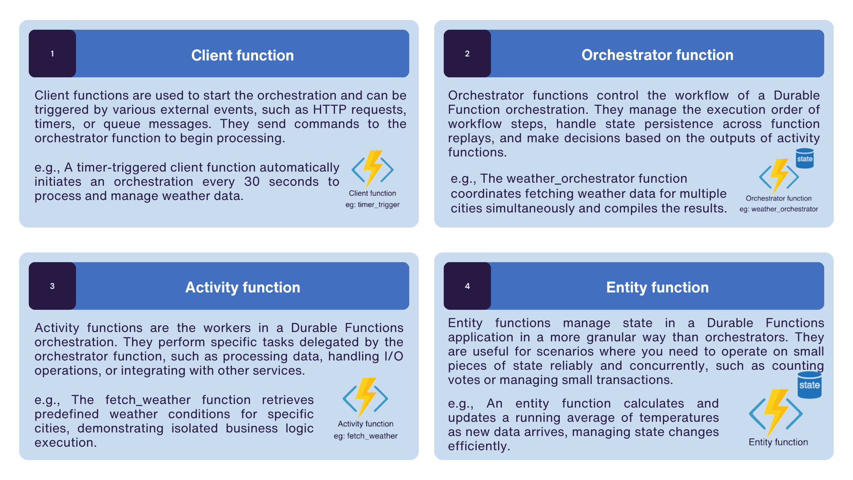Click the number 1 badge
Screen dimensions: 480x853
pyautogui.click(x=52, y=54)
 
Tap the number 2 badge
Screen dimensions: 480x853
pyautogui.click(x=467, y=54)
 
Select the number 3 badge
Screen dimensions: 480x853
pyautogui.click(x=52, y=286)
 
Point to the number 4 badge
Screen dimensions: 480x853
pyautogui.click(x=467, y=286)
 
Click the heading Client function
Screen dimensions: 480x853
pyautogui.click(x=243, y=56)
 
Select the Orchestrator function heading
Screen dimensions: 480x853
pyautogui.click(x=657, y=55)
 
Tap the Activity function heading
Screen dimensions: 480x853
pyautogui.click(x=243, y=288)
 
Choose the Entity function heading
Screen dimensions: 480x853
pyautogui.click(x=657, y=288)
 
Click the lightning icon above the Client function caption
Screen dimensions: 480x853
pyautogui.click(x=372, y=169)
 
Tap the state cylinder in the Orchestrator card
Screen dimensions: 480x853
pyautogui.click(x=805, y=159)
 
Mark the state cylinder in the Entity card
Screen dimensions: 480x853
pyautogui.click(x=809, y=385)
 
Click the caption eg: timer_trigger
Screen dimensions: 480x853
pyautogui.click(x=372, y=205)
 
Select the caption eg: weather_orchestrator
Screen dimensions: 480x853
pyautogui.click(x=778, y=209)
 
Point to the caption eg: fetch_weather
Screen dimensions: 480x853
pyautogui.click(x=365, y=436)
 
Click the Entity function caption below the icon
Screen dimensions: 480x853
pyautogui.click(x=778, y=442)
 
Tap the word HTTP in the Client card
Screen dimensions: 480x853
pyautogui.click(x=330, y=110)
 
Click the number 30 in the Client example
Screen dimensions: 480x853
pyautogui.click(x=251, y=182)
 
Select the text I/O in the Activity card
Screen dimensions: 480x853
pyautogui.click(x=392, y=356)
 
